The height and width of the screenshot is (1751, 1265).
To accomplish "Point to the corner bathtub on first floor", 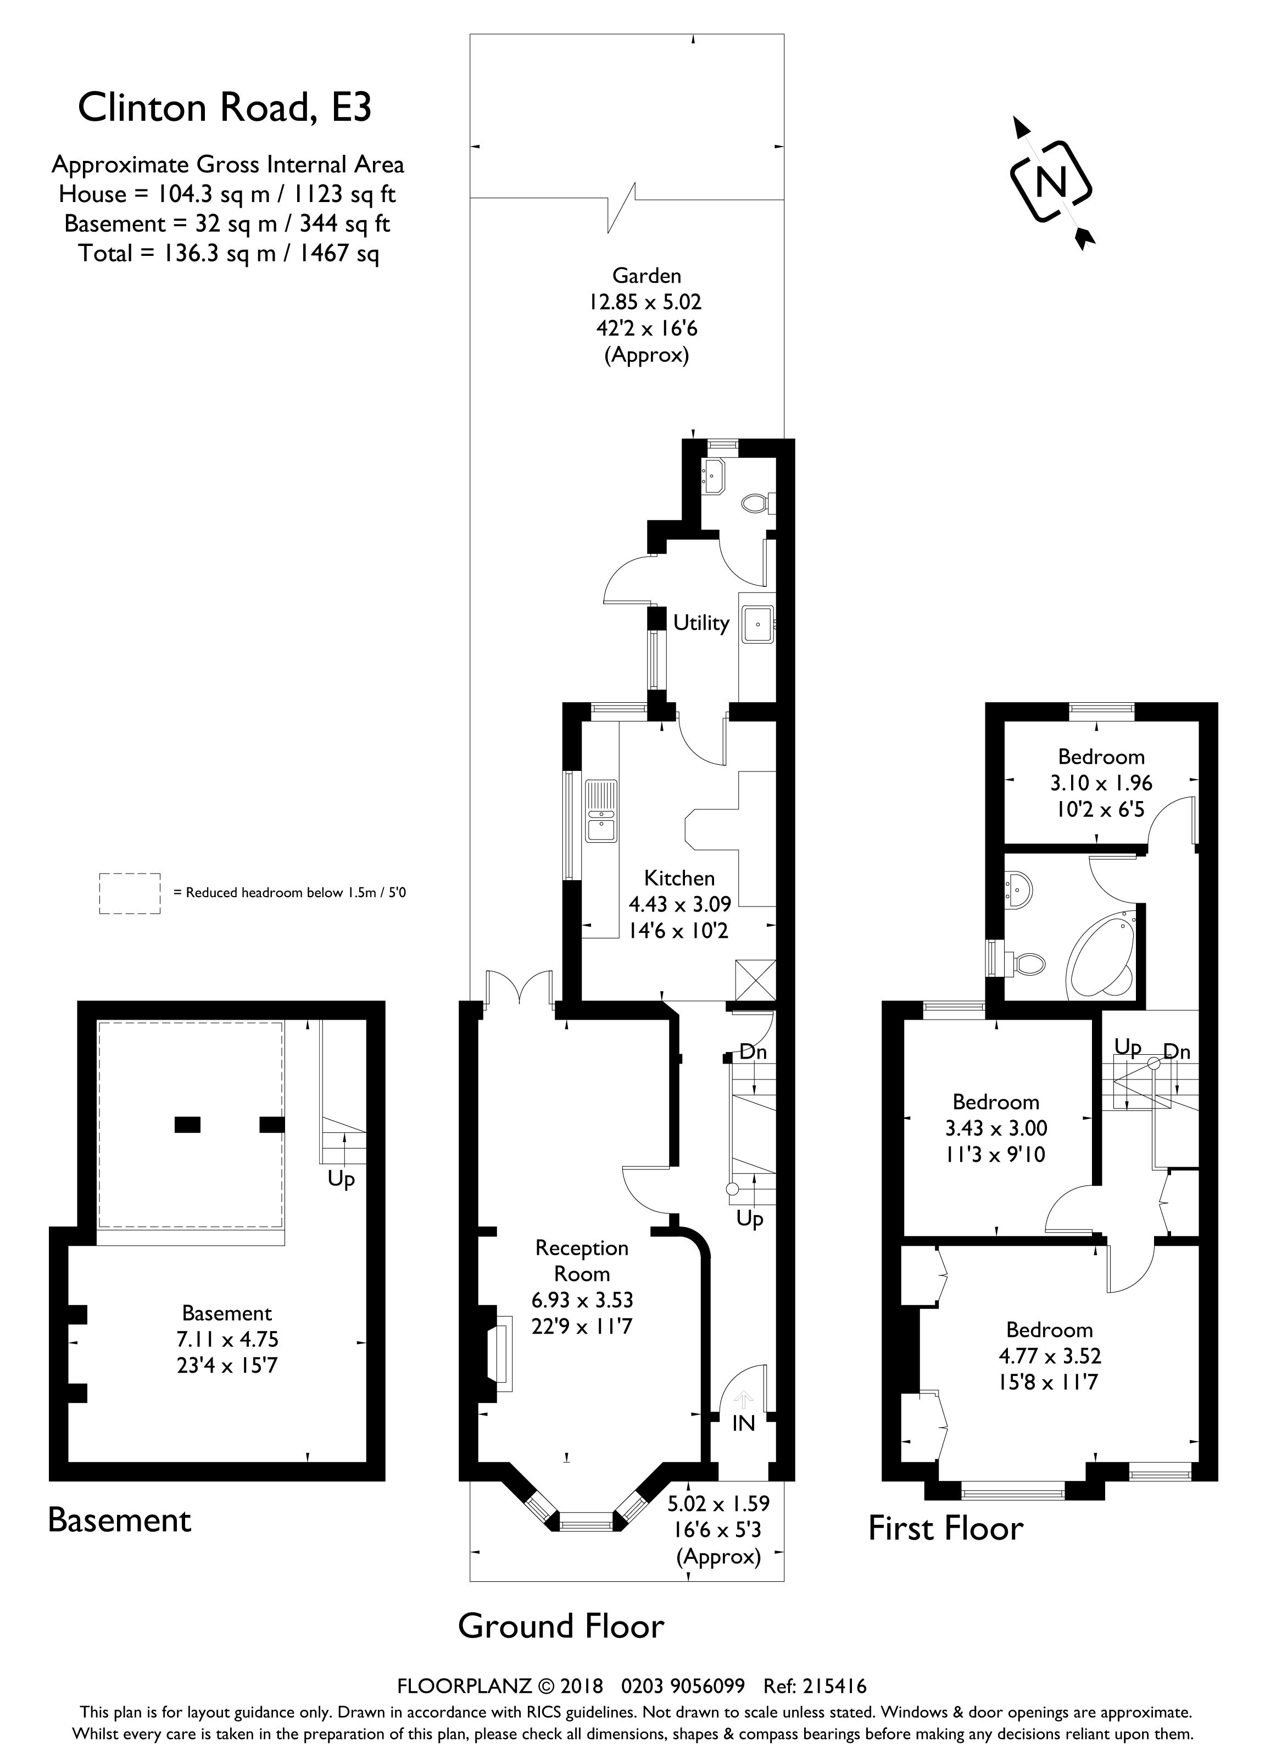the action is [x=1101, y=956].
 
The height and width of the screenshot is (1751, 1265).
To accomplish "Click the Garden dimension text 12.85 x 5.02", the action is [x=647, y=302].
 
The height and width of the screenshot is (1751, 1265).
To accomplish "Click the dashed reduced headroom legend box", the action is [x=130, y=893].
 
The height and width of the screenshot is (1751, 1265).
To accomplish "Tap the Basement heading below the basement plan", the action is [x=120, y=1520].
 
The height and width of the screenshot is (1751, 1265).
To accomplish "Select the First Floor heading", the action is [x=946, y=1529].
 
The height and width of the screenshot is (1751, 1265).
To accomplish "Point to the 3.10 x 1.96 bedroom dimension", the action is [x=1101, y=783].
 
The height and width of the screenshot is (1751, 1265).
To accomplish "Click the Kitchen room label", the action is [x=679, y=878].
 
